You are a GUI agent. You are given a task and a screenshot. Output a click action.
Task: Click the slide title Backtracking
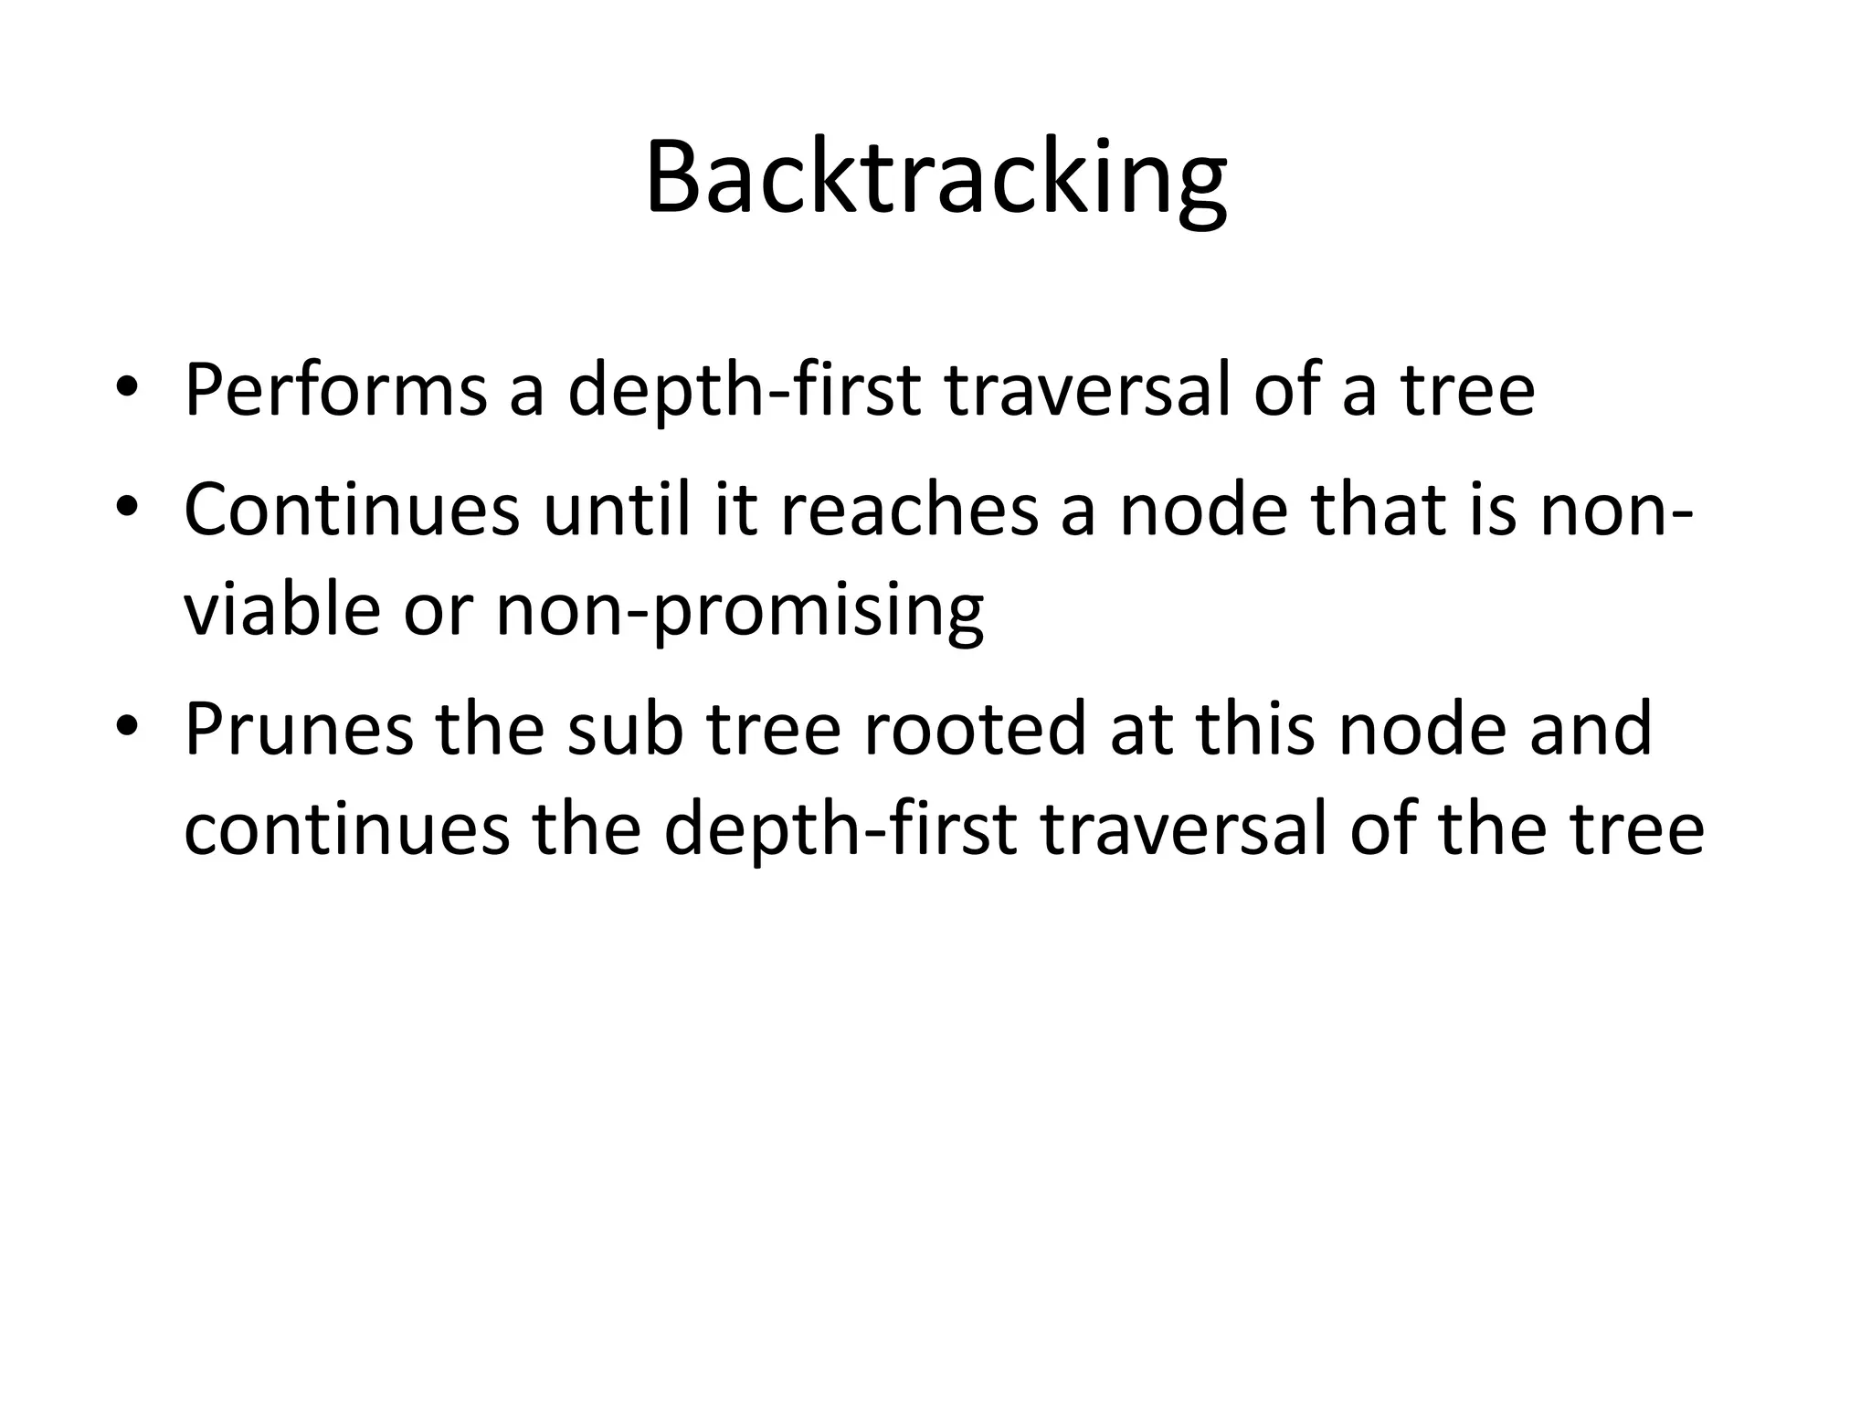coord(935,178)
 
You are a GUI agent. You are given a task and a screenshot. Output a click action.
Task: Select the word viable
coord(281,609)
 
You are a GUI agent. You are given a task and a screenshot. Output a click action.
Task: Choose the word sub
coord(625,729)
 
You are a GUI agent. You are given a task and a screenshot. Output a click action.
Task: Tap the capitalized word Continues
coord(351,509)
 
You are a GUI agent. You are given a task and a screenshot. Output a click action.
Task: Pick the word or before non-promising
coord(438,609)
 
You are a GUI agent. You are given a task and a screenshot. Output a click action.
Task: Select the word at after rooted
coord(1142,729)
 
